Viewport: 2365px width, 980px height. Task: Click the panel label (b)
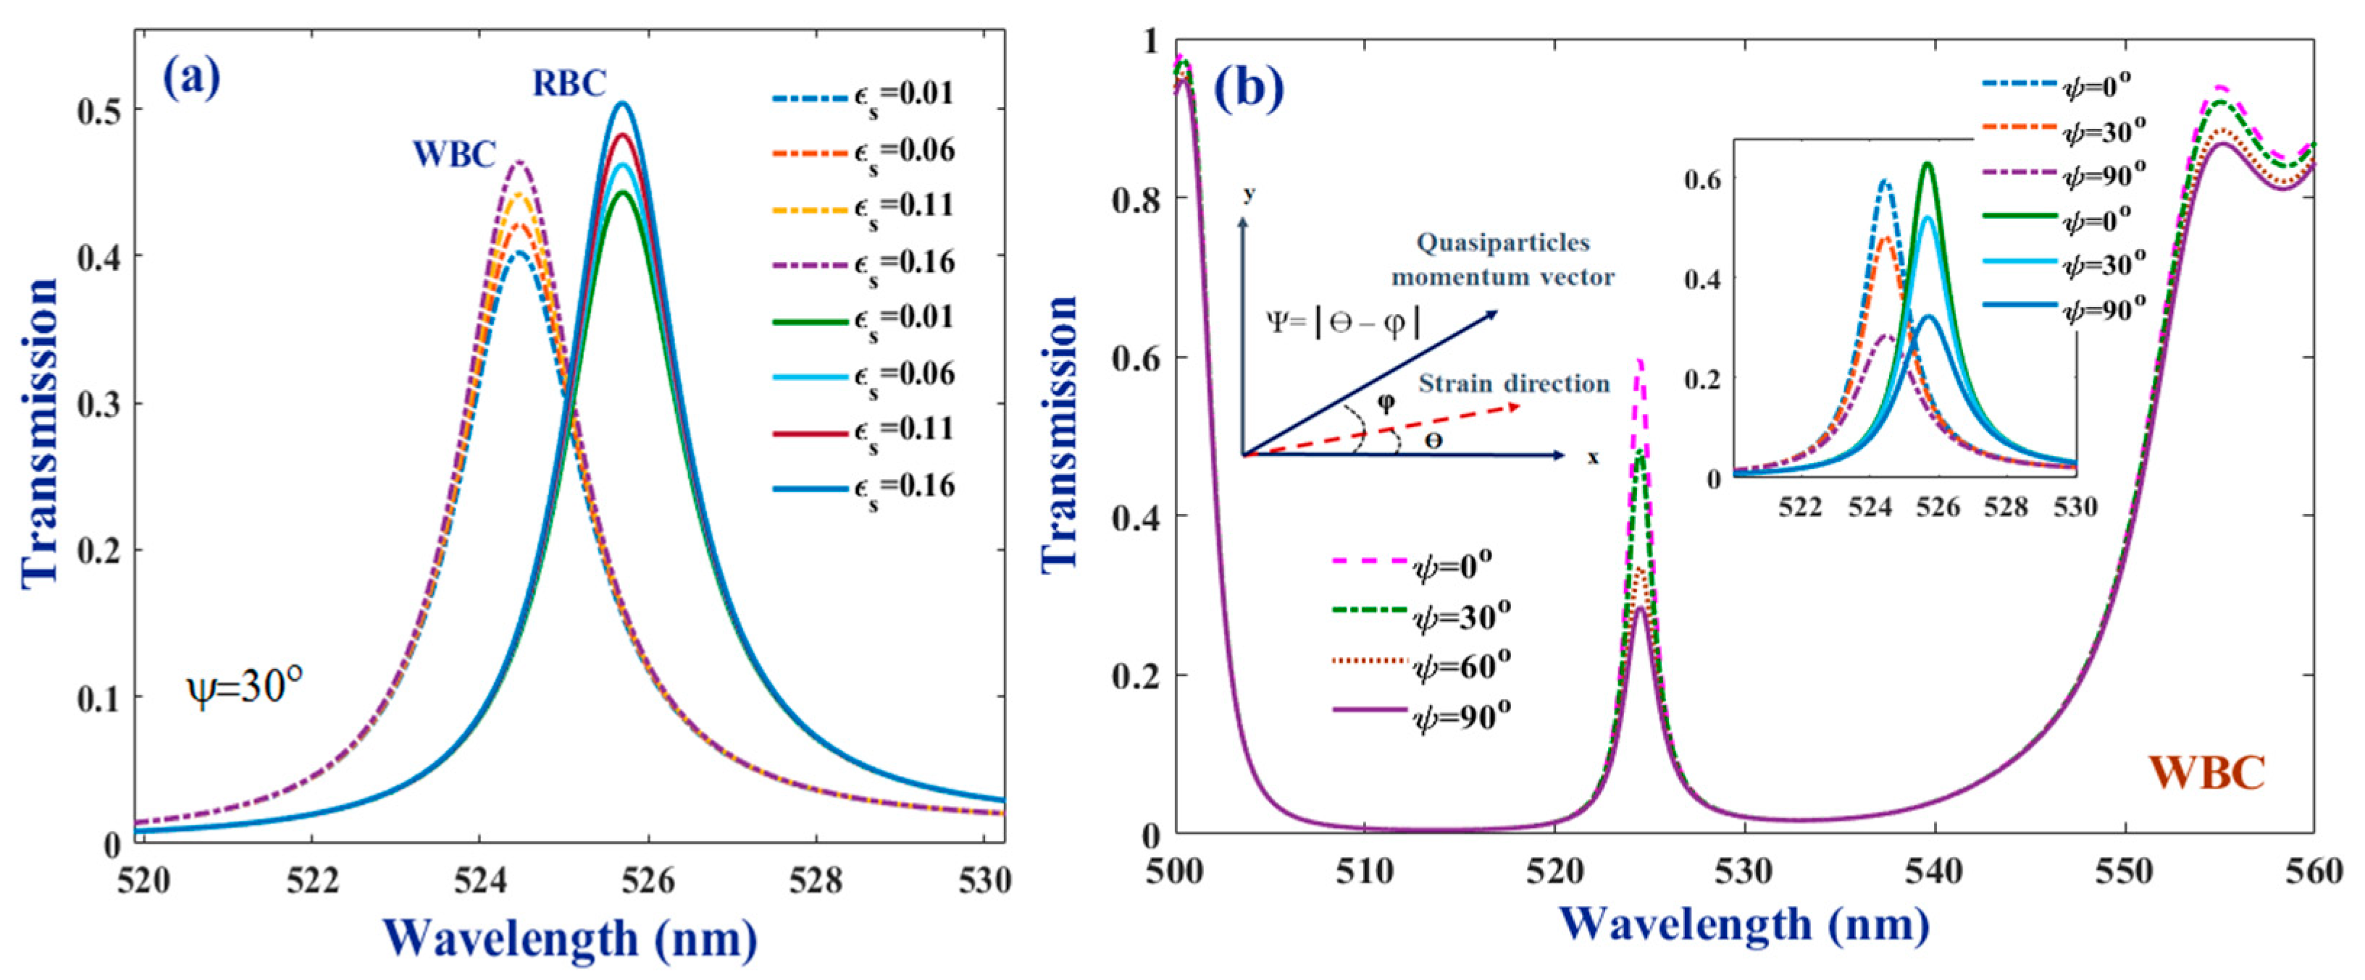[1249, 88]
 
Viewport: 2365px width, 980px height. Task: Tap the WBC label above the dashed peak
[454, 154]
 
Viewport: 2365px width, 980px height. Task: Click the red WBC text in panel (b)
[2206, 772]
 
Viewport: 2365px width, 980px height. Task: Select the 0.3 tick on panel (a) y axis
[99, 404]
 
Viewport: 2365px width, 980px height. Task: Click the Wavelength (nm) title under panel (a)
[569, 938]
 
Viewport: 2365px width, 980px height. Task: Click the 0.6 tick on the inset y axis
[1702, 179]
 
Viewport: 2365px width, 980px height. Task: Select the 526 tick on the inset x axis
[1937, 507]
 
